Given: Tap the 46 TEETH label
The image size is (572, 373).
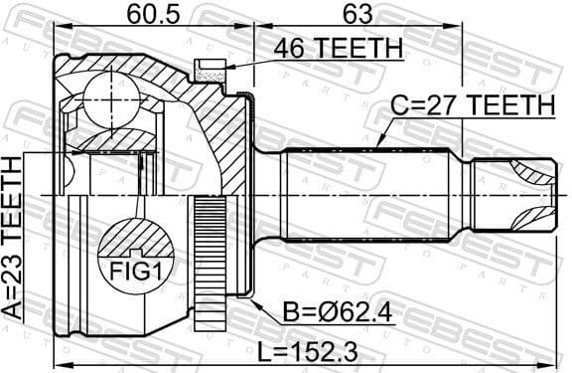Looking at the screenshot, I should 325,48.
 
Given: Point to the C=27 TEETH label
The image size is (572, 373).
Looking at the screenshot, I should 471,103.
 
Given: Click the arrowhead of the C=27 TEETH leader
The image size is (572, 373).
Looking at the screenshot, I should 381,146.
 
